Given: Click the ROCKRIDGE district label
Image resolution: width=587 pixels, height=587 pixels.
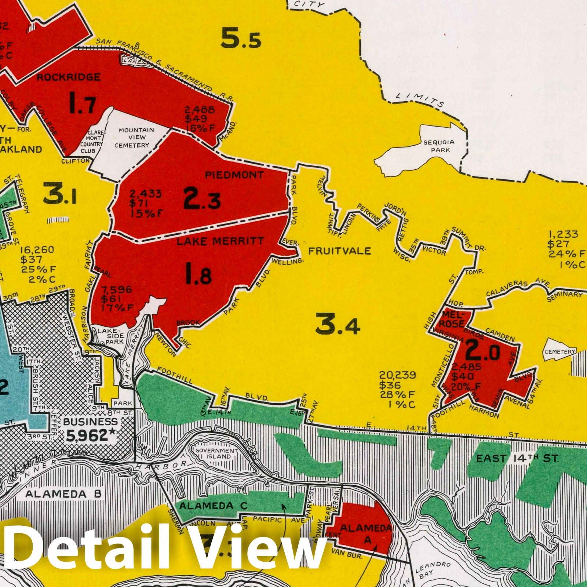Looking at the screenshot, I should click(x=68, y=77).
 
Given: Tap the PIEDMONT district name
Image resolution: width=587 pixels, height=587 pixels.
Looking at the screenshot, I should click(x=234, y=175).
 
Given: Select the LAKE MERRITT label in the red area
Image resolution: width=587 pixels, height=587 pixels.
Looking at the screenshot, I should click(x=220, y=241).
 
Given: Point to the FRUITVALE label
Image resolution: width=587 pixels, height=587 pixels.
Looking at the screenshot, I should click(x=339, y=251).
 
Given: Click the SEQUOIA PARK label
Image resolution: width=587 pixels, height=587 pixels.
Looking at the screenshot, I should click(x=439, y=146).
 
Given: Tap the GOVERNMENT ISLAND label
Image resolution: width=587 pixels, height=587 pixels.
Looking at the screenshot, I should click(x=216, y=453).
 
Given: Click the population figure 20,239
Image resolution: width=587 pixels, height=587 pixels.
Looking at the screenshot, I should click(x=397, y=375).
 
